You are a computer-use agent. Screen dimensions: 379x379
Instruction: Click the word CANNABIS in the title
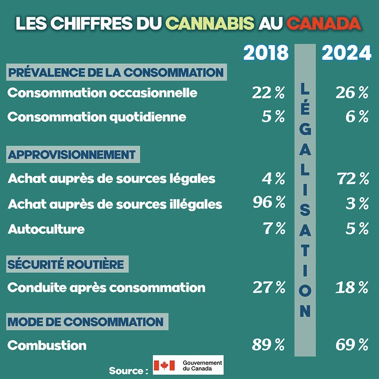[210, 23]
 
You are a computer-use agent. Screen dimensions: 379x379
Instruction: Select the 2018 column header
[266, 53]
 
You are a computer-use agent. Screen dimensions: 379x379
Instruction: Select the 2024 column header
[346, 53]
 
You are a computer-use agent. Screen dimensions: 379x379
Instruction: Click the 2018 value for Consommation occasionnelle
[268, 93]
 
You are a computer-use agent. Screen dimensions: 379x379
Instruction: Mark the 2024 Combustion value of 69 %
[352, 345]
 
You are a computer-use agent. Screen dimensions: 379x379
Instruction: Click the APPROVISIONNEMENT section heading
[72, 155]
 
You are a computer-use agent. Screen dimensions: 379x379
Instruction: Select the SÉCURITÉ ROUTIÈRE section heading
[66, 265]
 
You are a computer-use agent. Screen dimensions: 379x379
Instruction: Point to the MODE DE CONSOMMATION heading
[86, 322]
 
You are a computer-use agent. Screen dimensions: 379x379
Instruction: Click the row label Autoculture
[46, 229]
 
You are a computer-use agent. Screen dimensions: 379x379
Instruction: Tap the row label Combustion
[47, 345]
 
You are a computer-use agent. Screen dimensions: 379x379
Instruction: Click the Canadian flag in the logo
[164, 365]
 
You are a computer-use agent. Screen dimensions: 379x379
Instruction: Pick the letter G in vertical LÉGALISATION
[305, 131]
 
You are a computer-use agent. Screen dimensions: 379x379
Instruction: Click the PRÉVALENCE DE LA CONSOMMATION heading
[116, 72]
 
